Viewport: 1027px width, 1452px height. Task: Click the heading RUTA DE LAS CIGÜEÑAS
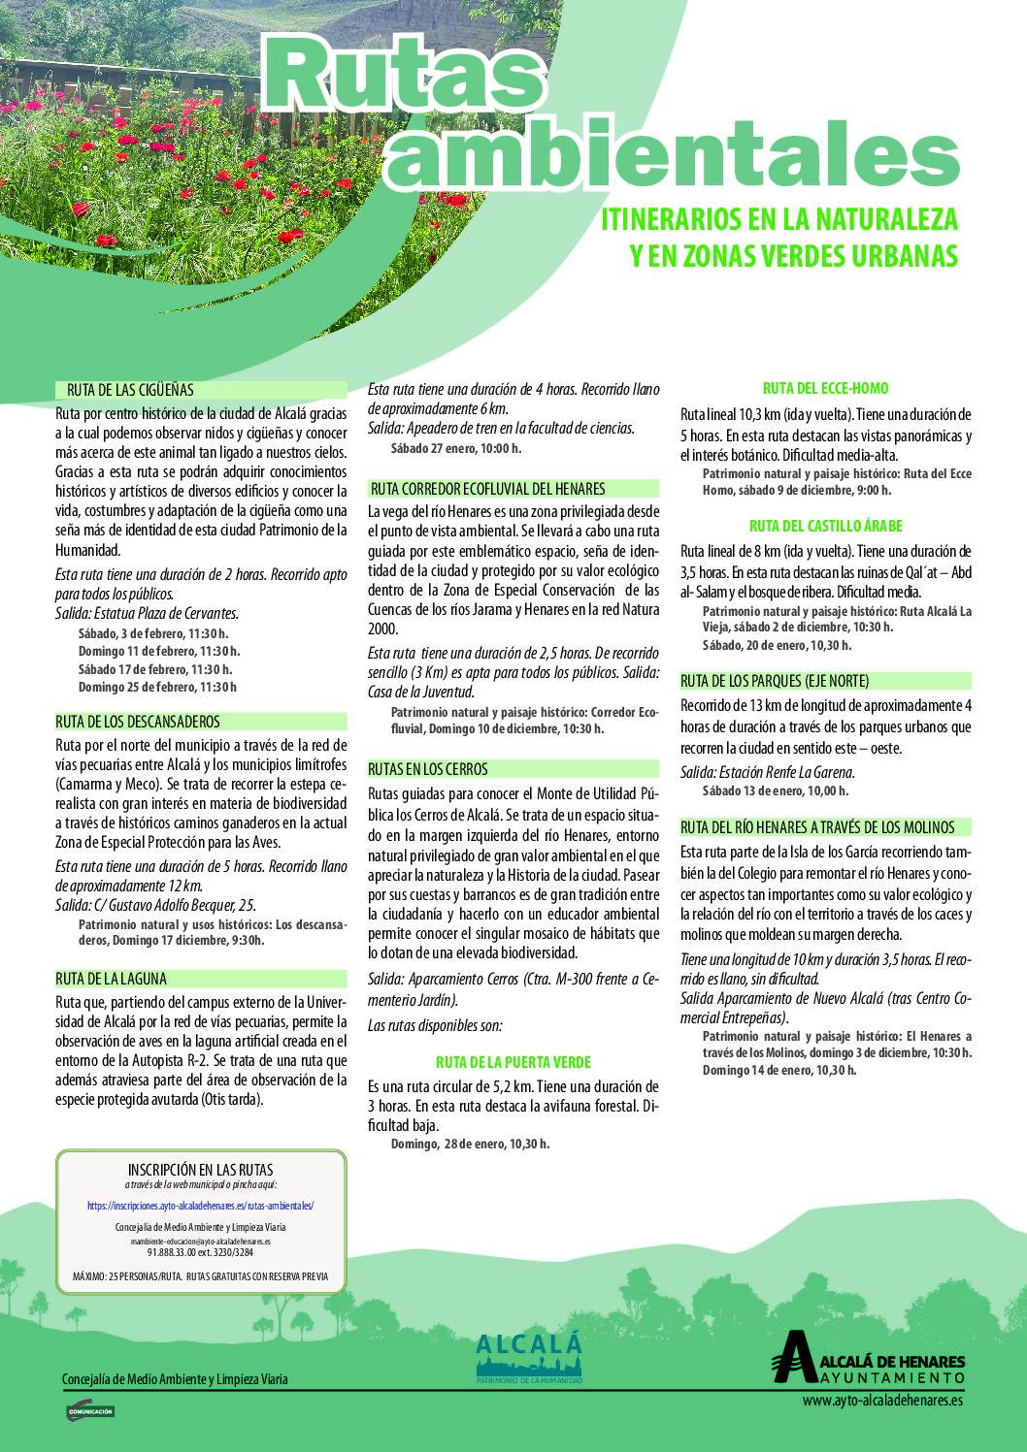pos(130,390)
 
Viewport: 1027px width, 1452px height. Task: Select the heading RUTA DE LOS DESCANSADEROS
pos(138,722)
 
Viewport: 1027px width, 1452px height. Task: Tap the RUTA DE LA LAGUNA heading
pos(111,979)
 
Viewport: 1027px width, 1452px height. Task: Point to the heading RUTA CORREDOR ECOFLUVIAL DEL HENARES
pos(487,489)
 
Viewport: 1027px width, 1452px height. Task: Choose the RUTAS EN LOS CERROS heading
pos(427,769)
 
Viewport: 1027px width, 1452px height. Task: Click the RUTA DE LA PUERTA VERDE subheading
pos(513,1062)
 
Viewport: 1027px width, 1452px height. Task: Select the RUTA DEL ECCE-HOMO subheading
pos(825,388)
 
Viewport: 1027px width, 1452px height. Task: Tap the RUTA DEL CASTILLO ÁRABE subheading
pos(825,526)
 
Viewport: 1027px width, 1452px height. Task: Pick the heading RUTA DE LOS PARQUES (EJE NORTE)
pos(775,681)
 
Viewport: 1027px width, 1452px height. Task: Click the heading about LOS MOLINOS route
pos(817,827)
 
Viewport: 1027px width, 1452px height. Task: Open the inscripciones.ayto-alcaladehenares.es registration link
pos(200,1206)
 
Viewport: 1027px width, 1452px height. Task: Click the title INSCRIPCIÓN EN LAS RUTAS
pos(200,1170)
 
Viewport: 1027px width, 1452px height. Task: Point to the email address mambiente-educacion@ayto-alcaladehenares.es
pos(200,1241)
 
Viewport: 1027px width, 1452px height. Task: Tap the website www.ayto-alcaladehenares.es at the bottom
pos(882,1400)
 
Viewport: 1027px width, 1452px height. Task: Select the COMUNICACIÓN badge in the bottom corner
pos(89,1411)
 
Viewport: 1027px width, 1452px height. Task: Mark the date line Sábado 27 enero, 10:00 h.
pos(456,448)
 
